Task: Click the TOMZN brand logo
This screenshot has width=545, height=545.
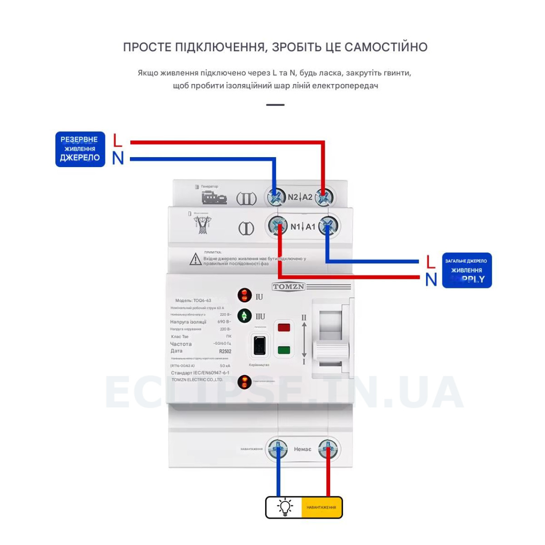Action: point(288,287)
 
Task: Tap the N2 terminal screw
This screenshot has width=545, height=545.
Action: point(276,197)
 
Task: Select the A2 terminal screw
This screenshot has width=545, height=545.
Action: point(324,197)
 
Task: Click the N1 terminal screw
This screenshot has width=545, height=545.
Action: point(277,226)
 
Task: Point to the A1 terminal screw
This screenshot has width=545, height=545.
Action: point(328,226)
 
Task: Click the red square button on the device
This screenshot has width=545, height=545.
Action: point(284,327)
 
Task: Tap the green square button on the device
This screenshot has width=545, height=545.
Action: point(284,350)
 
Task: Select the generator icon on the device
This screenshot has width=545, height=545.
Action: point(214,197)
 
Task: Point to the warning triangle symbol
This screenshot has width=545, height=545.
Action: point(195,259)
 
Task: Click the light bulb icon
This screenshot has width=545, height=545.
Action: point(285,507)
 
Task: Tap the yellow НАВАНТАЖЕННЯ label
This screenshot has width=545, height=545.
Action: point(321,507)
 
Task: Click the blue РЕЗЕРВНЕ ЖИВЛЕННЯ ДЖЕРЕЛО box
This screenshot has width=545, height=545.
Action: point(80,149)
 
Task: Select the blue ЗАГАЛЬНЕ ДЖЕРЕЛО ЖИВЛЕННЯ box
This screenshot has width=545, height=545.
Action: point(467,270)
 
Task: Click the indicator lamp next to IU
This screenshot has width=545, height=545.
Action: point(244,295)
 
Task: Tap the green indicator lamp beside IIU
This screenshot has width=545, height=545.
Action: point(244,316)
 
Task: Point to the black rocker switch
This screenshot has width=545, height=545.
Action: point(259,346)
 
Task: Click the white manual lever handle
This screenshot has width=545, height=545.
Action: point(332,351)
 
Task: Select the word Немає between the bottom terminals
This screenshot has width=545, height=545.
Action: point(302,449)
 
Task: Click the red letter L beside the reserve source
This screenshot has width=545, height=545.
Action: point(118,140)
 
